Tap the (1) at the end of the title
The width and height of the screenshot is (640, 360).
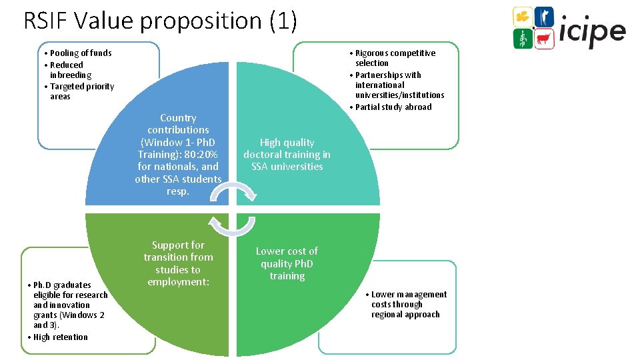click(282, 21)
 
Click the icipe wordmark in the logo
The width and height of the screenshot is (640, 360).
click(593, 31)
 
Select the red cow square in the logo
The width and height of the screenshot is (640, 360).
click(545, 39)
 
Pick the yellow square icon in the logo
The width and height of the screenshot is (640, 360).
click(522, 17)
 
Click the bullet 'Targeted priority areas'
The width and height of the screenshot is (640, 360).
click(81, 91)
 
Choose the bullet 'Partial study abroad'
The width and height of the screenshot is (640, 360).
click(393, 107)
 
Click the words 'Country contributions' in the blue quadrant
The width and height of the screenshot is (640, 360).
click(178, 124)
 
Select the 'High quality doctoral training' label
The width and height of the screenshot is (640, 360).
click(287, 154)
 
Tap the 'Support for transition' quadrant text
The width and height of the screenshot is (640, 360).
click(178, 263)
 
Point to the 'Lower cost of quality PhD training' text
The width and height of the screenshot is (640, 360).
click(287, 263)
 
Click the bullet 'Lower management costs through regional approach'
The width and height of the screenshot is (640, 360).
click(409, 304)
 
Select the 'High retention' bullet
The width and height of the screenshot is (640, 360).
click(60, 337)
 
